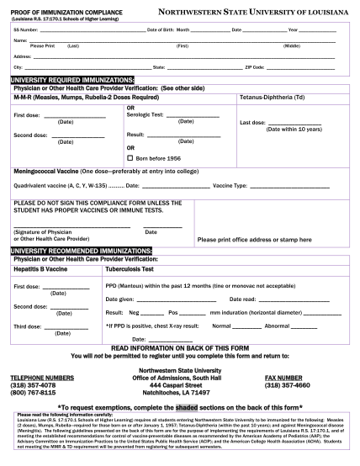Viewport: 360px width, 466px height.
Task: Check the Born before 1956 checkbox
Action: tap(130, 157)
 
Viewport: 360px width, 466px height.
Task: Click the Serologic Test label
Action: tap(145, 115)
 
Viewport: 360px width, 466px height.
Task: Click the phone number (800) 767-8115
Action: tap(33, 391)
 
